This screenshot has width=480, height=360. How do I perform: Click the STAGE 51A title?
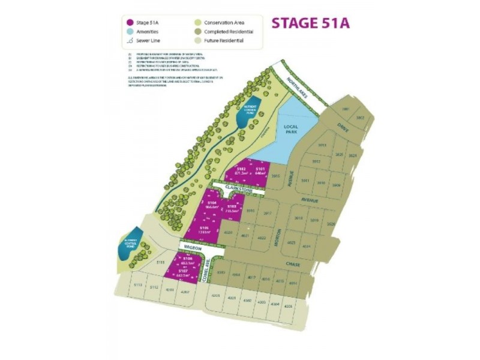310,23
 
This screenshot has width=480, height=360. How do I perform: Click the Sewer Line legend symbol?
128,42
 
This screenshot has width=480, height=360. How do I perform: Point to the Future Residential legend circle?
197,42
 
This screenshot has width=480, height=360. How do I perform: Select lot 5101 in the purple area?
260,172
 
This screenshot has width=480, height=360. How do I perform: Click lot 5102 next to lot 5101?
241,172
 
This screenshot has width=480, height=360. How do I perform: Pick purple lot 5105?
204,230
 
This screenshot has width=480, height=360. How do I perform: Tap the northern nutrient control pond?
248,112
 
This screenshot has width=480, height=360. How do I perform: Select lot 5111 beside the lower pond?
160,262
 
